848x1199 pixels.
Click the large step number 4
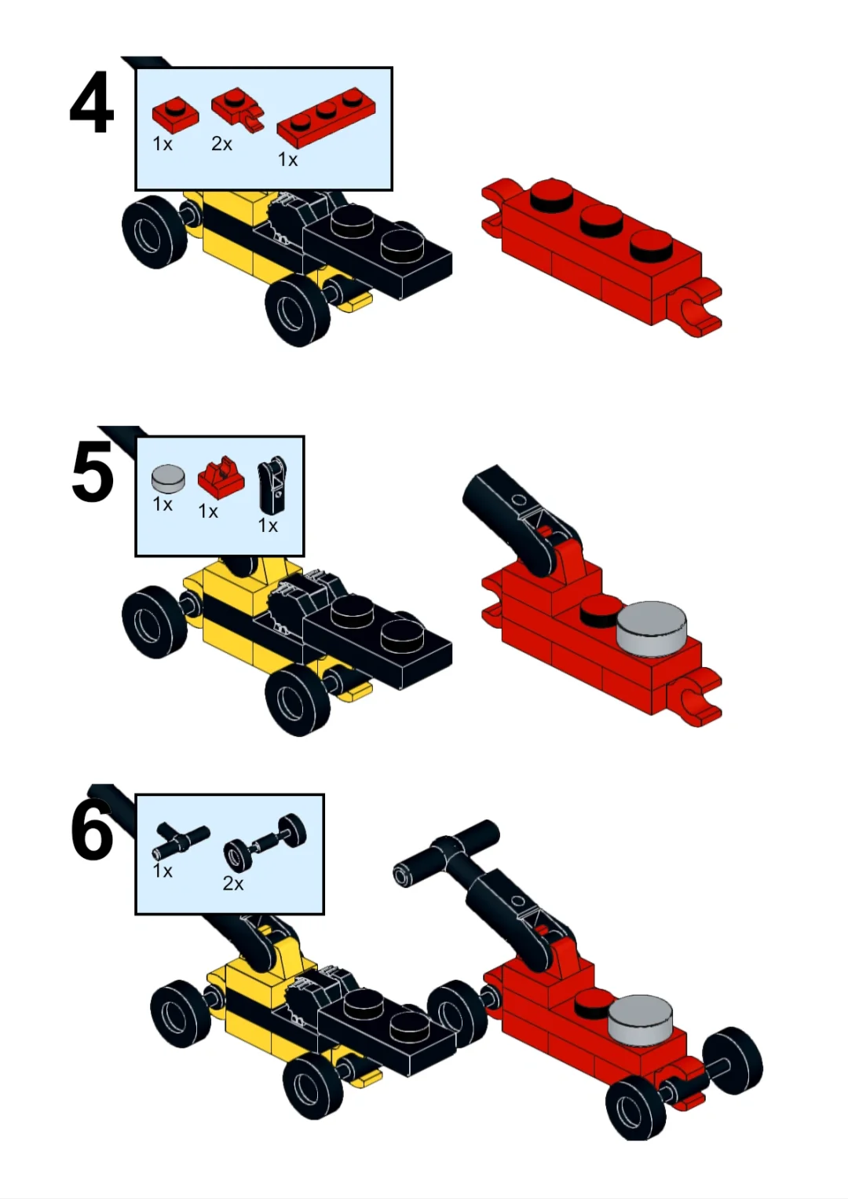tap(92, 103)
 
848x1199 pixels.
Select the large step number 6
tap(92, 829)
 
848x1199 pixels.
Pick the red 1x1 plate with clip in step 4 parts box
tap(237, 108)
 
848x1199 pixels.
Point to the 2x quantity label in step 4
tap(221, 144)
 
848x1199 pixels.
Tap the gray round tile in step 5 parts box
tap(169, 478)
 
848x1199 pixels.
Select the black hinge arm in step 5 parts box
tap(272, 486)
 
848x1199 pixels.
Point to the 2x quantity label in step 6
tap(232, 883)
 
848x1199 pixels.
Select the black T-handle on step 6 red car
tap(447, 852)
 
